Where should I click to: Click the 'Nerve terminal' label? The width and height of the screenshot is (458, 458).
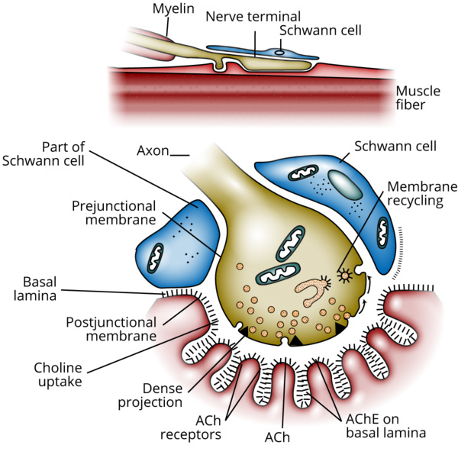point(252,16)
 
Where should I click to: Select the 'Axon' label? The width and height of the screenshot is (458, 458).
point(153,150)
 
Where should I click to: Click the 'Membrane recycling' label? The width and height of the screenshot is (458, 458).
point(421,194)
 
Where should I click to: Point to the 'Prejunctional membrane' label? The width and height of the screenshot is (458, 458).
point(114,213)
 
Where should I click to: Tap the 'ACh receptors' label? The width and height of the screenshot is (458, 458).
point(191,427)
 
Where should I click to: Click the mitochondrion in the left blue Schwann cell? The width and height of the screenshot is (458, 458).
point(159,256)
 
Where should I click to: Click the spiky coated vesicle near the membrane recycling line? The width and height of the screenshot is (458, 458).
point(345,274)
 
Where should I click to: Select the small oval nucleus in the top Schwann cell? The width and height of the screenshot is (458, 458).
point(279,53)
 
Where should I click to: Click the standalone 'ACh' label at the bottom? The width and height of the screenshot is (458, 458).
point(276,437)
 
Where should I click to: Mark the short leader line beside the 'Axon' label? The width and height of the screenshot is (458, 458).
point(180,154)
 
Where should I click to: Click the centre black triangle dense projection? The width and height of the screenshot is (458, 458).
point(293,341)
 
